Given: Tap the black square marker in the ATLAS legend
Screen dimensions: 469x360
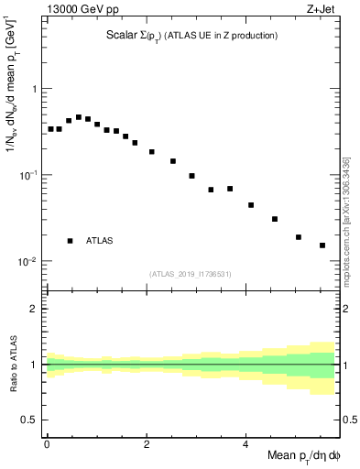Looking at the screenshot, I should (71, 241).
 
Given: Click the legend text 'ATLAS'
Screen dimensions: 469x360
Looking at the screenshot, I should (100, 241).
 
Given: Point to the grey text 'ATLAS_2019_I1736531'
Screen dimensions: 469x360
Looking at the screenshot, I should (191, 273).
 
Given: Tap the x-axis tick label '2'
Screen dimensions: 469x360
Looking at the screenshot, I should (147, 443).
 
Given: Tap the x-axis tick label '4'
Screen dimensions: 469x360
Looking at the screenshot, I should (245, 443).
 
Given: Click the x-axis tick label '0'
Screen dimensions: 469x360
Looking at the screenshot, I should (47, 443).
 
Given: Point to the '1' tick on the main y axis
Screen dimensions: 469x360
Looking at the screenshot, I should (34, 89).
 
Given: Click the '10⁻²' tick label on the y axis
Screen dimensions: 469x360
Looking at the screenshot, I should (27, 261).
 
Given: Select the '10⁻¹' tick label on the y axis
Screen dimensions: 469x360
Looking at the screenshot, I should (27, 175).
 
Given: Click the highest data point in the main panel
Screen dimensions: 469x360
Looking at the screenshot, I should (79, 117).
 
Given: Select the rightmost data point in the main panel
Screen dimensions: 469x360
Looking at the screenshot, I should (322, 245).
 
